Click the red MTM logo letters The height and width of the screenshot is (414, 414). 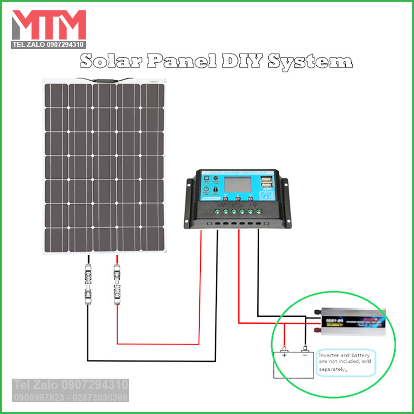tap(48, 24)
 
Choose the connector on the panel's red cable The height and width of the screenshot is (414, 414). tap(116, 282)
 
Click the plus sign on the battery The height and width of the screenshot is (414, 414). tap(285, 355)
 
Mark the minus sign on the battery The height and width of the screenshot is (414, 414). tap(304, 355)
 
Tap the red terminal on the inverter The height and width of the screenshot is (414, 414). tap(318, 330)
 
